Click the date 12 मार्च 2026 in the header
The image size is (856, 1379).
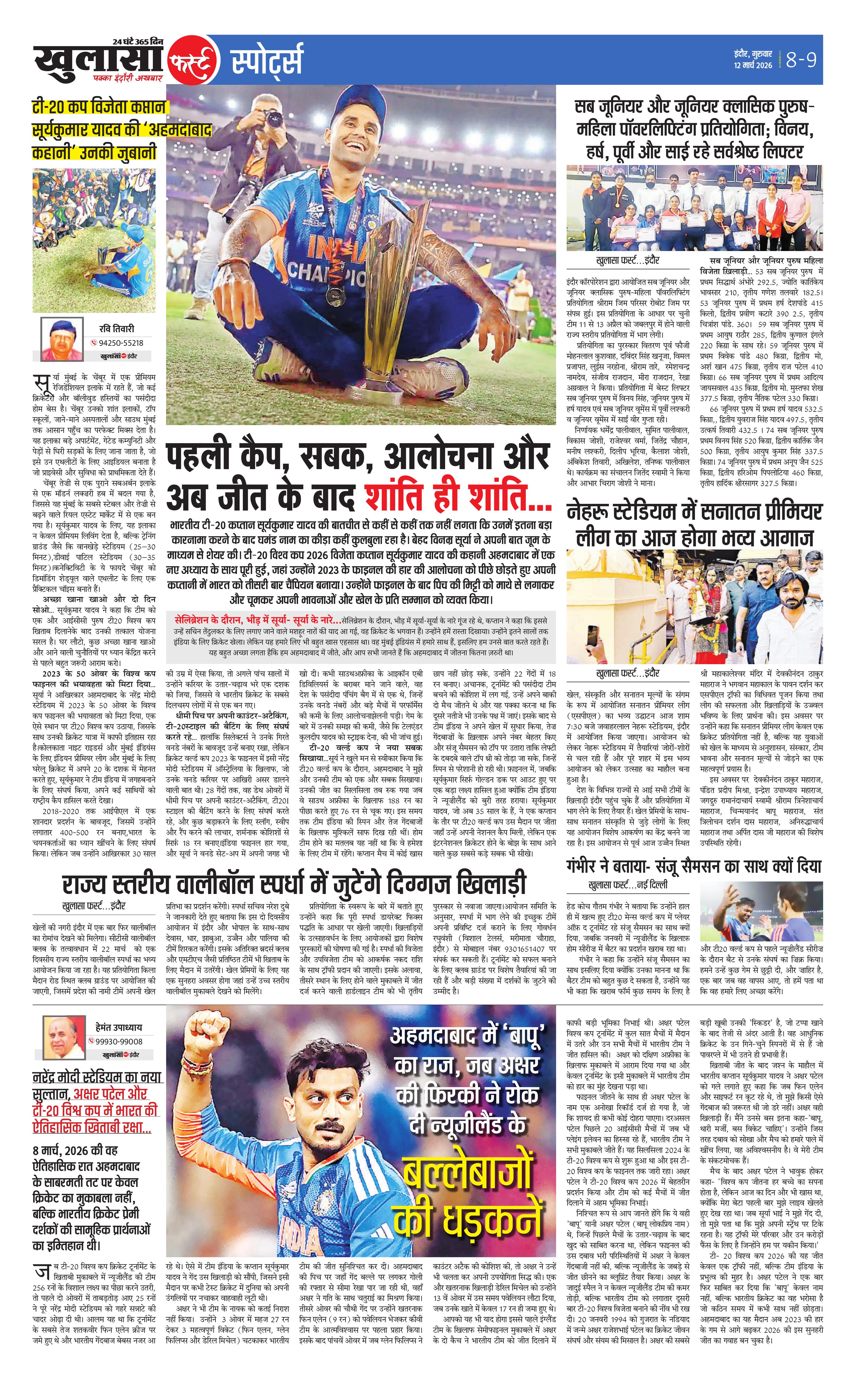(753, 66)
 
